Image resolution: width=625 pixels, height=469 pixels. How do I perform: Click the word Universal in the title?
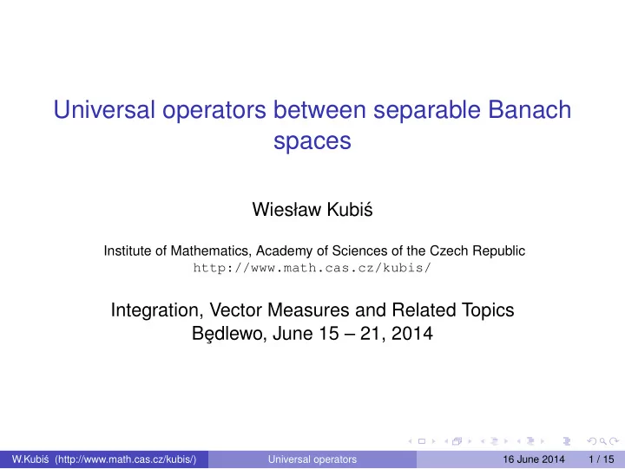point(104,109)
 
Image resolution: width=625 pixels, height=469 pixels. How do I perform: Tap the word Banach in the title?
point(530,109)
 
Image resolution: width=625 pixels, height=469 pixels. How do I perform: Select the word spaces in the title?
point(312,141)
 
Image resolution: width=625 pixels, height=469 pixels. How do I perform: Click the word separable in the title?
point(426,111)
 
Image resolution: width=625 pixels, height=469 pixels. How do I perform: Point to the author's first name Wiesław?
point(286,210)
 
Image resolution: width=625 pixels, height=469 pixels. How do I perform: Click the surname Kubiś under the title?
point(350,210)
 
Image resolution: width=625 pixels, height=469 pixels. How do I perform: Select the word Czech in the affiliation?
point(449,251)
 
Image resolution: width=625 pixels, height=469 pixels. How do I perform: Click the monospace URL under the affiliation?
point(312,268)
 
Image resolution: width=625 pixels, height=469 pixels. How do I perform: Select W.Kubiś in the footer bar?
point(30,459)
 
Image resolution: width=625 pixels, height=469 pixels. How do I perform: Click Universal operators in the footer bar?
point(312,459)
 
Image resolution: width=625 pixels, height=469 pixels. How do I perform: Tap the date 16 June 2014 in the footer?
point(534,459)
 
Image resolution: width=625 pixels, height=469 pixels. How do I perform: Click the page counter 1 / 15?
point(601,459)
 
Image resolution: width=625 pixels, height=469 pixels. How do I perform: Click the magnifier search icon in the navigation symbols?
point(602,441)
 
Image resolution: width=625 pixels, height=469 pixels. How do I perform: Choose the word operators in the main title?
point(214,111)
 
